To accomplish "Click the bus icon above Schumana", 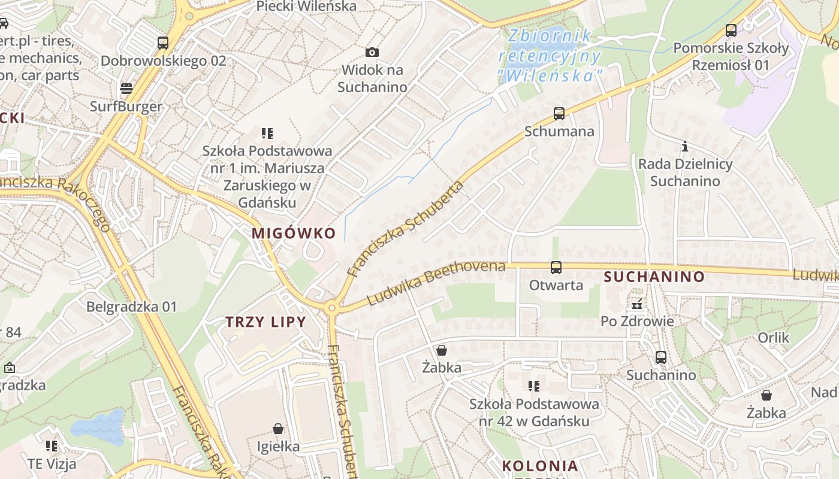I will pos(559,113).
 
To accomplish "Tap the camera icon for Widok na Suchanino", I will pos(372,53).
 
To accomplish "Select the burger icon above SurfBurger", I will pos(126,89).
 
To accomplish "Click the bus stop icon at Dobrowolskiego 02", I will pos(163,43).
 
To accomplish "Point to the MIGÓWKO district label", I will pos(294,233).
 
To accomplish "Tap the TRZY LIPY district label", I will pos(265,322).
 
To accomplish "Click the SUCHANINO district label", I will pos(654,277).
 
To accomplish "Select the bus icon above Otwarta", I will pos(556,268).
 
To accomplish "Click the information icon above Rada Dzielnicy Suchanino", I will pos(685,146).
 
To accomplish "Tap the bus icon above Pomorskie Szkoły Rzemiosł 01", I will pos(731,30).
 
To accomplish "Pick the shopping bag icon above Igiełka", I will pos(278,429).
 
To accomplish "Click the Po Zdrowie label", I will pos(637,321).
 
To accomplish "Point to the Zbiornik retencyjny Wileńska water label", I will pos(550,56).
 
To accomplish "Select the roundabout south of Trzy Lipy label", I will pos(331,308).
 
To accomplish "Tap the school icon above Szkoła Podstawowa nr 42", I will pos(534,386).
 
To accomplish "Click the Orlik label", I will pos(773,338).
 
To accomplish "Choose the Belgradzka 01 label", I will pos(132,307).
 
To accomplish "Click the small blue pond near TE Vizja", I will pos(98,426).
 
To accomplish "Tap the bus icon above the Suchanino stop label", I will pos(661,357).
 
